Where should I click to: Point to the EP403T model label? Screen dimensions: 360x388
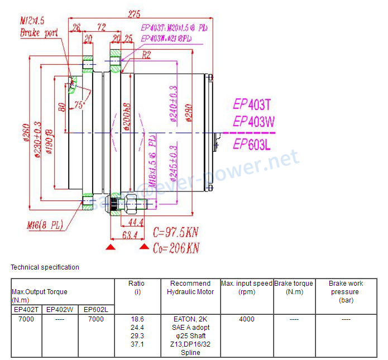(252, 104)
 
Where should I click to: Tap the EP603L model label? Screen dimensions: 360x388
(252, 145)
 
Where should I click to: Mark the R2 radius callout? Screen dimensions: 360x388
(147, 55)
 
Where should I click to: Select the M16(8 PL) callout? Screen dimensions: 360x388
(45, 225)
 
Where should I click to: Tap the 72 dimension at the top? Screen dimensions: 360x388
(101, 26)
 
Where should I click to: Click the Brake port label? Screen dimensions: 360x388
(39, 33)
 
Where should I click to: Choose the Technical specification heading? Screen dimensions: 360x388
(45, 267)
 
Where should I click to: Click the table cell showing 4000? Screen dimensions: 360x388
(247, 319)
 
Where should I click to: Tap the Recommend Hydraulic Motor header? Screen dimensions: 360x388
(190, 287)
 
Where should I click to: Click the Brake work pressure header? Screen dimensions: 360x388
(346, 291)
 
